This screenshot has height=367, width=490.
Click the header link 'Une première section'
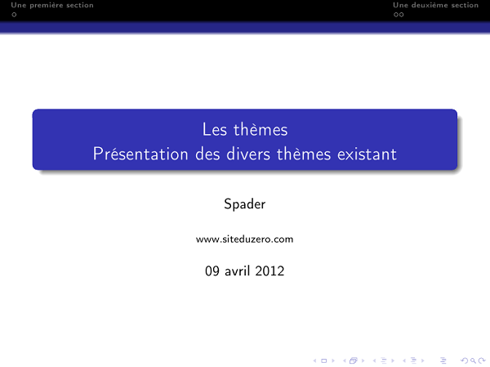(x=47, y=5)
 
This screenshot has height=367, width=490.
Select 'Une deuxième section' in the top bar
(x=435, y=5)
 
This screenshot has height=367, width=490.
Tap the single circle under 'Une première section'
(x=3, y=14)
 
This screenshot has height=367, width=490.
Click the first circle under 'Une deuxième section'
(x=395, y=14)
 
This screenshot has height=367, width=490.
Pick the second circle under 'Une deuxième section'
(x=401, y=14)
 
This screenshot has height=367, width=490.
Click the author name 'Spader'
(x=244, y=204)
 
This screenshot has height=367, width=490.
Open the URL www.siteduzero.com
(x=244, y=239)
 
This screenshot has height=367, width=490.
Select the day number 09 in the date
(x=212, y=271)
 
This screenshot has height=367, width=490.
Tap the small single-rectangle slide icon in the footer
(x=328, y=359)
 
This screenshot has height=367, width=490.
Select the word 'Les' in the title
(x=215, y=129)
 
